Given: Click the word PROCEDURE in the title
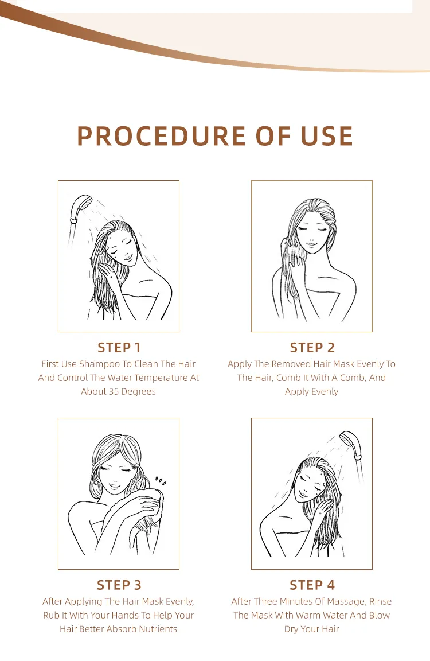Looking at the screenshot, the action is coord(161,136).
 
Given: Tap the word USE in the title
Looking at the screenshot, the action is coord(326,136).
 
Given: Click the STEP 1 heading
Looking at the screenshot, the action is coord(119,347).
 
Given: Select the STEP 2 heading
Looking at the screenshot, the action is coord(312,347).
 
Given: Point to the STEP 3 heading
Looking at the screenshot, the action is coord(119,585).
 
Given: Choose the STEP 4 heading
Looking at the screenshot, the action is coord(312,585).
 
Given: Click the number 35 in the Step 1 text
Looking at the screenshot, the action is coord(114,392).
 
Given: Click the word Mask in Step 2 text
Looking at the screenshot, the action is coord(343,364).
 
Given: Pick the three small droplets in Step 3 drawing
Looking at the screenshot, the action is coord(161,480).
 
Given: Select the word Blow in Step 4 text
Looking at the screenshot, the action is coord(379,616).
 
